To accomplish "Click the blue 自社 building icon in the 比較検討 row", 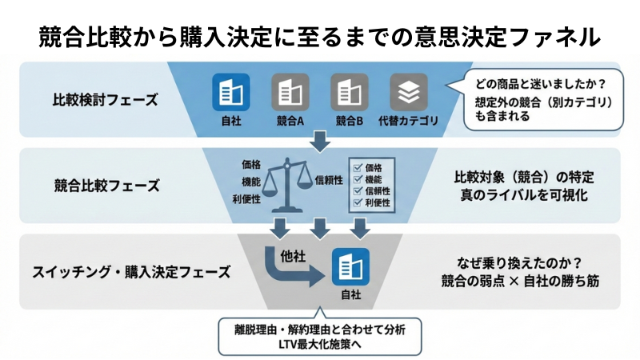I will [230, 94].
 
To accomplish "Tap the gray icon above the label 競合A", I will [290, 94].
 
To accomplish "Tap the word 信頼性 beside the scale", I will [330, 180].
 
